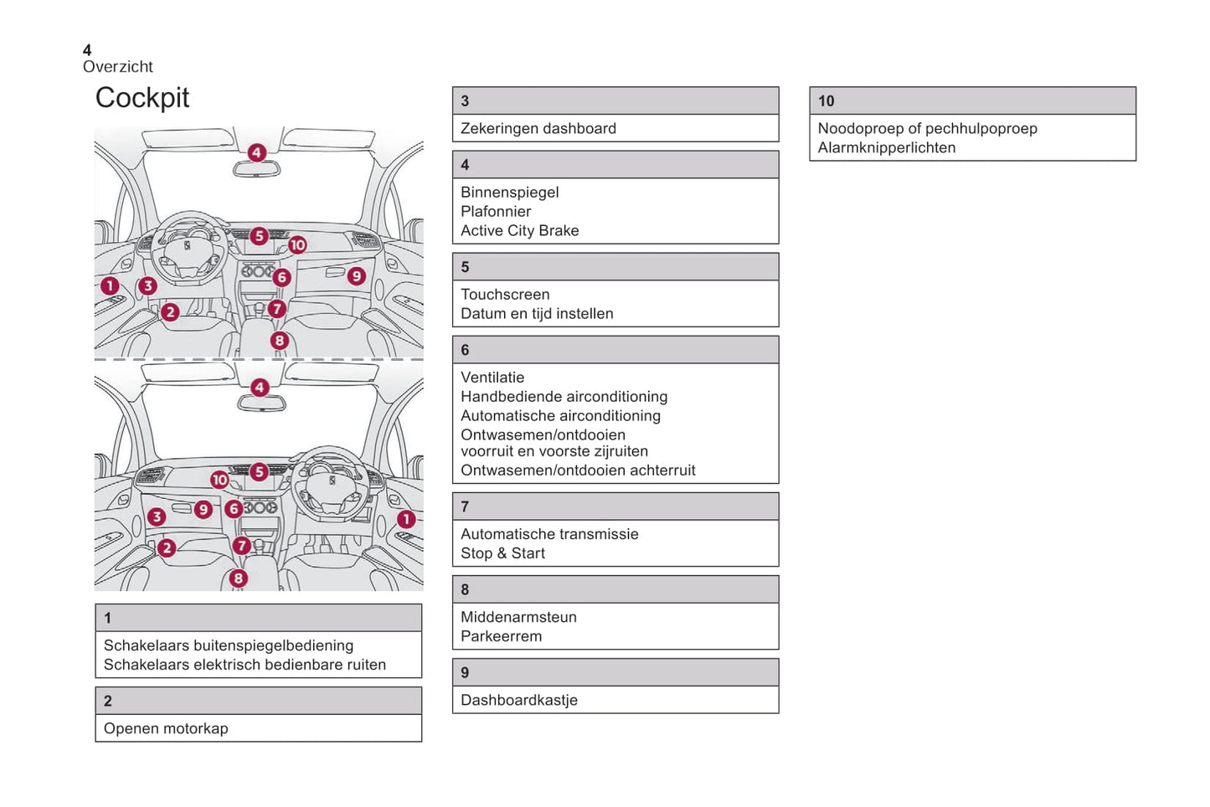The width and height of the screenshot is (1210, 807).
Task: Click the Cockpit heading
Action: [x=142, y=98]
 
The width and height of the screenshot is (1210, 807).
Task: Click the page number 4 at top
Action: [x=87, y=50]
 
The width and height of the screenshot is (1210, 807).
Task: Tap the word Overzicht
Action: [x=118, y=67]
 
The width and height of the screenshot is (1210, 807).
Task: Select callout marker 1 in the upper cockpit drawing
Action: [x=110, y=286]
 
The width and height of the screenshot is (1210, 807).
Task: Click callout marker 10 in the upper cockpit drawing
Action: [x=297, y=245]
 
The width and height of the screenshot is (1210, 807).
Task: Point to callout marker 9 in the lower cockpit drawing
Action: [x=203, y=509]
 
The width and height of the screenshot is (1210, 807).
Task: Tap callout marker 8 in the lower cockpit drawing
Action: [x=239, y=578]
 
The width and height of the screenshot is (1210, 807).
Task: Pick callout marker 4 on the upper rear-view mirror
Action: [x=257, y=152]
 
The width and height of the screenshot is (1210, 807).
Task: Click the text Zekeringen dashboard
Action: [x=538, y=128]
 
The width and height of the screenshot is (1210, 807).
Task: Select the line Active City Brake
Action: [x=520, y=230]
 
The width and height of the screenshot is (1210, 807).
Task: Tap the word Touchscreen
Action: [x=505, y=295]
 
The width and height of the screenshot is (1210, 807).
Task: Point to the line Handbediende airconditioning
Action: [x=564, y=396]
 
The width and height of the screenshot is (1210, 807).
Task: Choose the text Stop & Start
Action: [x=502, y=553]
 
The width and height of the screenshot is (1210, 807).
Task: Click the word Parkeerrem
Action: [x=501, y=636]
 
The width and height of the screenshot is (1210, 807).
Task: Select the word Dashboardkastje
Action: [x=519, y=700]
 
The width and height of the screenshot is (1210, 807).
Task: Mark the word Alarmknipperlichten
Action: [x=887, y=147]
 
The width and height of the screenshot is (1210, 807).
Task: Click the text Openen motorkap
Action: [x=166, y=728]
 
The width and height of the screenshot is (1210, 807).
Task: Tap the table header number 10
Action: [x=826, y=101]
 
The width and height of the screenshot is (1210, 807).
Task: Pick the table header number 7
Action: [x=465, y=506]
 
